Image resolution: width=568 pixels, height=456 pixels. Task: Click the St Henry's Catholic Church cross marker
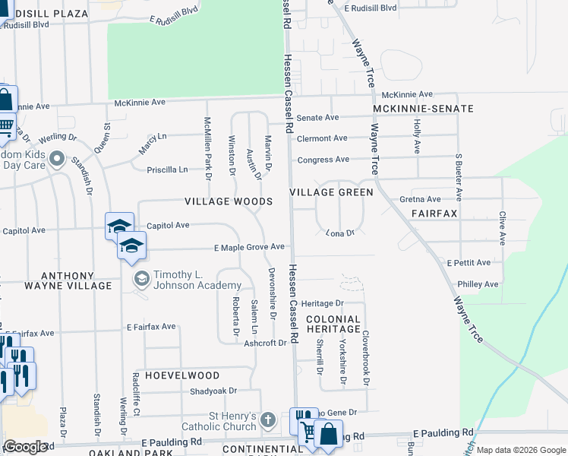(x=267, y=420)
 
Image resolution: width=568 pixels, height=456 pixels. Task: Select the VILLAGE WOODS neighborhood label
(x=229, y=201)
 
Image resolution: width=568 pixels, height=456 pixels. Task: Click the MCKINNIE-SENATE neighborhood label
(x=423, y=109)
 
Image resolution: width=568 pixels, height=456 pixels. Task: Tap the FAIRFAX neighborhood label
(x=434, y=214)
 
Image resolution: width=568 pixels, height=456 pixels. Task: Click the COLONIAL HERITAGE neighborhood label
(x=333, y=324)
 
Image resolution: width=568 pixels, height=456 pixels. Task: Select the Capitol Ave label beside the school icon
(x=167, y=226)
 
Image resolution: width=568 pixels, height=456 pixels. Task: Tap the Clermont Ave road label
(x=322, y=138)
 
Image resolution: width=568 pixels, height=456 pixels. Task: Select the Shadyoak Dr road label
(x=214, y=391)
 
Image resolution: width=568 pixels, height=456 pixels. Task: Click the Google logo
(x=26, y=447)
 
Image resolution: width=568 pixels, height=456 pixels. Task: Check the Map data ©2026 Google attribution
(x=520, y=450)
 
